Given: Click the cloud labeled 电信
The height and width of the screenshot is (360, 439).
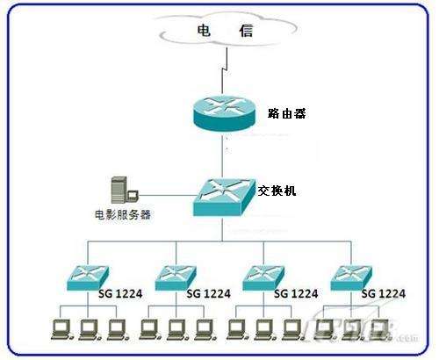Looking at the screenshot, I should click(223, 33).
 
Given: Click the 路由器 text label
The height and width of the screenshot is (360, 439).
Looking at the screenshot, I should click(284, 113).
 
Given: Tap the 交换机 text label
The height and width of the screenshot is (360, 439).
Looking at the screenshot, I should click(277, 190).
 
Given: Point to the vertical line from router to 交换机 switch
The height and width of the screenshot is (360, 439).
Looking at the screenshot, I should click(224, 156).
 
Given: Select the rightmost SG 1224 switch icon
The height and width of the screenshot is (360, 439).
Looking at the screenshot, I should click(352, 277).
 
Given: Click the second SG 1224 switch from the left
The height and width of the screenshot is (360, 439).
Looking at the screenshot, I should click(178, 278).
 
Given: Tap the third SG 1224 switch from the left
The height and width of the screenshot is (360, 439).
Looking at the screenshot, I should click(263, 277).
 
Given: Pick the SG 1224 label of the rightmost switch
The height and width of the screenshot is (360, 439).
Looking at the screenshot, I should click(383, 292).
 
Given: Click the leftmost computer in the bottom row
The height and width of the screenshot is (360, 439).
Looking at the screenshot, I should click(61, 330).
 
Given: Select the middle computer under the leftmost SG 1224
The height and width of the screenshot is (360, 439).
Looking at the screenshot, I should click(89, 330).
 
